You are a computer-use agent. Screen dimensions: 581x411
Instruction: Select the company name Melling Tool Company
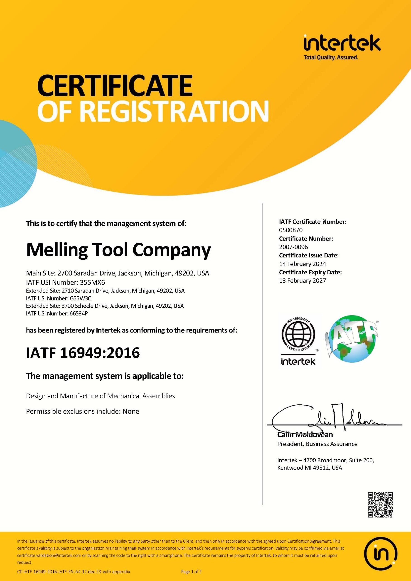[x=118, y=250]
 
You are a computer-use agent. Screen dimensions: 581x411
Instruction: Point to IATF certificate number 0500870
[x=291, y=230]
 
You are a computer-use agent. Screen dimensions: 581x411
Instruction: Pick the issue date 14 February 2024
[x=303, y=264]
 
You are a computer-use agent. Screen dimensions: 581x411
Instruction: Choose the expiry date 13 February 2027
[x=303, y=281]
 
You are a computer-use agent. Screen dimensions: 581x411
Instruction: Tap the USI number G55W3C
[x=81, y=298]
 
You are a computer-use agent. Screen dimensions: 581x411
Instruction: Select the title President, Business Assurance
[x=317, y=444]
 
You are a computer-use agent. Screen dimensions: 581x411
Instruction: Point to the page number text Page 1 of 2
[x=191, y=572]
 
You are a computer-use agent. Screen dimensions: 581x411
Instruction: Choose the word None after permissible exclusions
[x=131, y=411]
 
